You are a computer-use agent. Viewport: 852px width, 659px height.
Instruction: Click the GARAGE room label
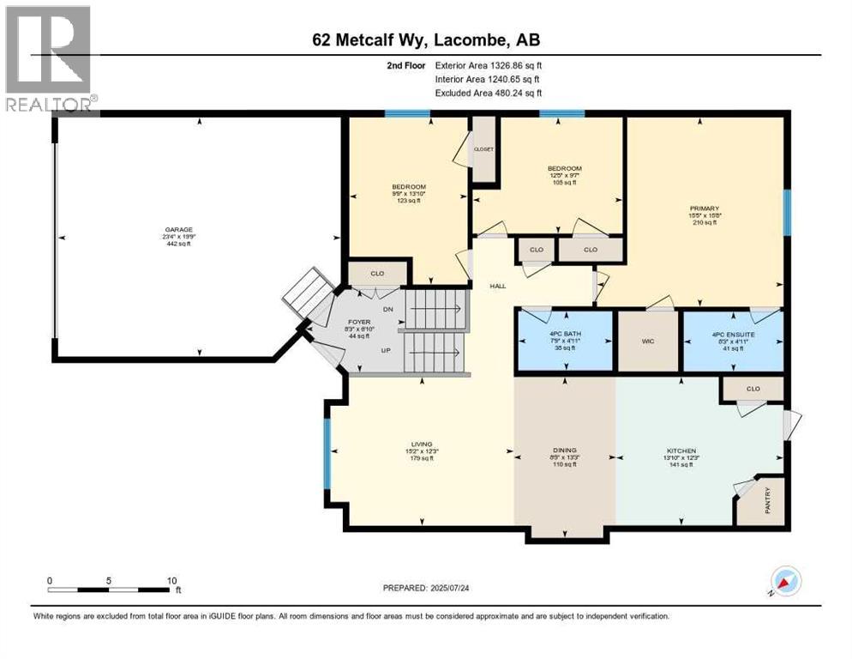pos(179,230)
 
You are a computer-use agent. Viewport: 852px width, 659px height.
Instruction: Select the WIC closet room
pos(648,341)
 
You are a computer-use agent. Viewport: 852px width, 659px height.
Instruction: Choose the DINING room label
pos(564,450)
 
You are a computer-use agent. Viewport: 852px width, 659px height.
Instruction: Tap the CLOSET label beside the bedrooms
pos(484,148)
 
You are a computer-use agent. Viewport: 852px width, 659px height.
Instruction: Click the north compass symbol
pos(785,581)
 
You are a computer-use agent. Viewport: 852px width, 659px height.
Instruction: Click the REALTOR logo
pos(48,57)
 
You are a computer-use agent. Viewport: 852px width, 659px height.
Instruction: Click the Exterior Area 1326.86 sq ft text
pos(489,64)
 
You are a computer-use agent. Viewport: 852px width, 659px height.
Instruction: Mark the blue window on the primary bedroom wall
pos(786,211)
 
